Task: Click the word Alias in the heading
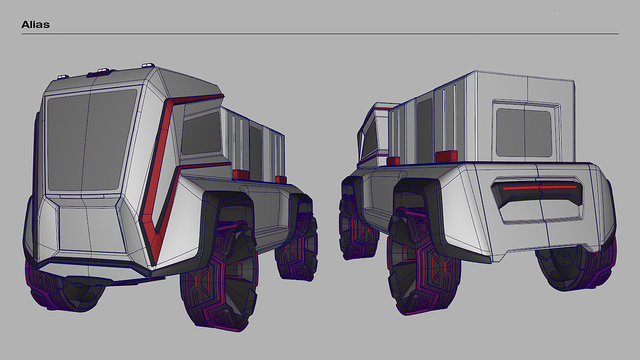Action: [36, 25]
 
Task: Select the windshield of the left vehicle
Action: [91, 140]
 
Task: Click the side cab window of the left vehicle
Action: [201, 133]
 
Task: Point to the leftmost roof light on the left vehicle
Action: [64, 76]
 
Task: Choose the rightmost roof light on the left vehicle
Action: [148, 66]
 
